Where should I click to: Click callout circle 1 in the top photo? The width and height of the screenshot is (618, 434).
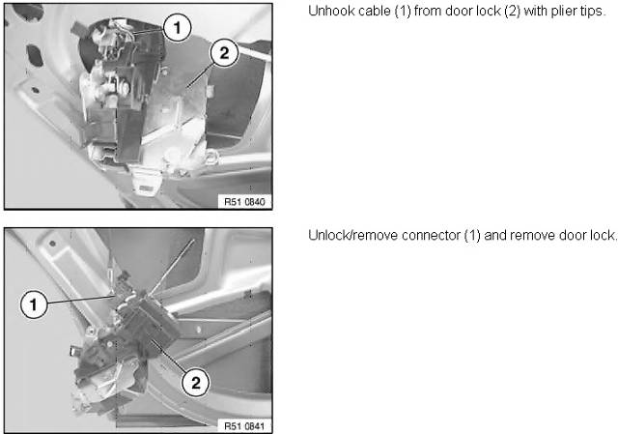coord(177,27)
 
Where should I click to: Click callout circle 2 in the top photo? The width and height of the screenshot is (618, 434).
coord(224,52)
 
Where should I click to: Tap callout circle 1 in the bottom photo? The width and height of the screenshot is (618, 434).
coord(34,304)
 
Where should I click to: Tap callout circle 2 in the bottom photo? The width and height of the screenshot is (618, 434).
coord(195,383)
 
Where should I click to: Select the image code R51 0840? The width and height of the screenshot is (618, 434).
coord(244,202)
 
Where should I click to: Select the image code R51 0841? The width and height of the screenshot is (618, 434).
coord(244,426)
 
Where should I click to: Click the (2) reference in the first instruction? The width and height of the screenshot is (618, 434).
coord(513,11)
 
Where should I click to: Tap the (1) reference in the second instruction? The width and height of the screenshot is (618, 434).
coord(472,236)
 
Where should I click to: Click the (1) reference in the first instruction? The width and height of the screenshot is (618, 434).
coord(402,11)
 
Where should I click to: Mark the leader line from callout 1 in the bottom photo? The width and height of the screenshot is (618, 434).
coord(81,299)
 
